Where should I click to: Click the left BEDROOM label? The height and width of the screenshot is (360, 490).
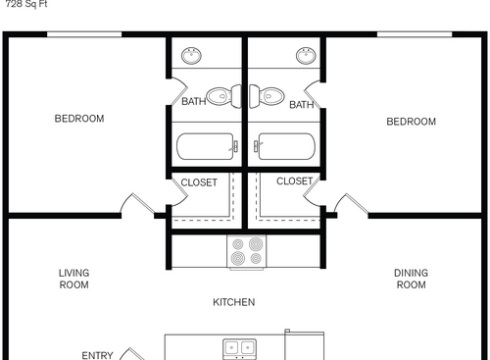(x=78, y=120)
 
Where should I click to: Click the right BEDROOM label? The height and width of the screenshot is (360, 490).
(x=411, y=122)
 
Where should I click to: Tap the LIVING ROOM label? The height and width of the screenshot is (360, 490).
(x=73, y=280)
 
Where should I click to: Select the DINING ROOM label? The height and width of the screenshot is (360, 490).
(x=411, y=280)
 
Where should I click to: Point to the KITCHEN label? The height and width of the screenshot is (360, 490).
(x=234, y=302)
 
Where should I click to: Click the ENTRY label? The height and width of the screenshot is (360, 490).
(x=97, y=355)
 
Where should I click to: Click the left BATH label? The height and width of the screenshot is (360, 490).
(x=193, y=101)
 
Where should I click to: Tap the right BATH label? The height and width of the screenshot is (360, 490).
(x=301, y=105)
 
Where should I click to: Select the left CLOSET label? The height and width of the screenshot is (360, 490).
(x=198, y=182)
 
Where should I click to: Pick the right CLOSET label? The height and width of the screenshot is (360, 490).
(x=294, y=181)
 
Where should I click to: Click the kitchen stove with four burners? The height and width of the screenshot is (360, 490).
(x=247, y=252)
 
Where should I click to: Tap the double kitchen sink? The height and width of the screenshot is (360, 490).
(x=239, y=347)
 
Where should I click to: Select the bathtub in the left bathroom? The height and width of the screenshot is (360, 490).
(x=207, y=147)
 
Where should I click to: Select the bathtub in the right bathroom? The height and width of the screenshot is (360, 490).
(x=283, y=147)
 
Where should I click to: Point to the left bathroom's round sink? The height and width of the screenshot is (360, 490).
(x=193, y=53)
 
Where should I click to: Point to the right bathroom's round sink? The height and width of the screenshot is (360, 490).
(x=306, y=53)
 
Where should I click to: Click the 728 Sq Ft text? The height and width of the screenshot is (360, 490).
(x=25, y=4)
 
